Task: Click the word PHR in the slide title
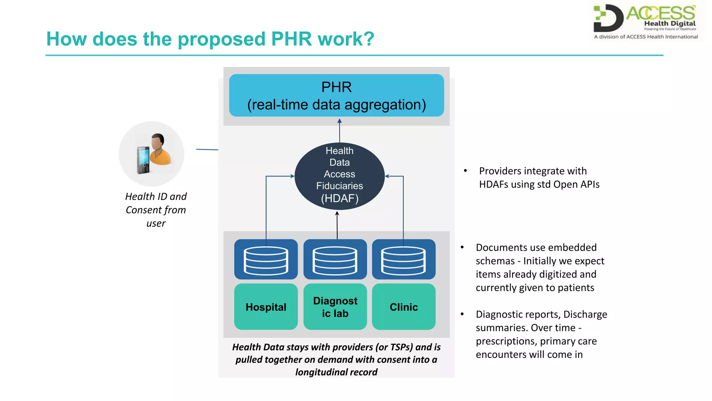click(x=291, y=39)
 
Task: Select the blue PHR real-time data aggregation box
click(x=336, y=95)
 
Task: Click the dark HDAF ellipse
click(x=339, y=176)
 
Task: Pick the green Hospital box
click(x=266, y=307)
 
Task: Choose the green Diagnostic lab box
click(x=335, y=307)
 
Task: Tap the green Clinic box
click(x=404, y=307)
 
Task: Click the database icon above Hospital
click(x=266, y=260)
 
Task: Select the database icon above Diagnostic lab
click(x=335, y=260)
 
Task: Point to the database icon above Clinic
click(x=404, y=260)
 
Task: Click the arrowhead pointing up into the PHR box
click(x=340, y=121)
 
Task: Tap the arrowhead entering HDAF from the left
click(x=292, y=176)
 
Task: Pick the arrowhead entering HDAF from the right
click(x=387, y=176)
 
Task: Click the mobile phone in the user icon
click(x=143, y=160)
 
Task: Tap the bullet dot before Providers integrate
click(x=465, y=171)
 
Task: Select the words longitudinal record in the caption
click(x=336, y=372)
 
